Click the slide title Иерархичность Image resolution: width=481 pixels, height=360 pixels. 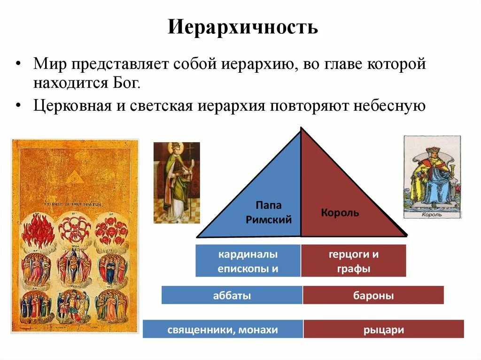coord(243,28)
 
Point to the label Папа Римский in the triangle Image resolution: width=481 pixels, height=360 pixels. coord(269,213)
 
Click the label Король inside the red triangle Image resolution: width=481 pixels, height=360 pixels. coord(340,213)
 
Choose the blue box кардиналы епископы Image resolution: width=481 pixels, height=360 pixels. coord(248,261)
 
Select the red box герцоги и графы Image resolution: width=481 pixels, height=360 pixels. coord(353,261)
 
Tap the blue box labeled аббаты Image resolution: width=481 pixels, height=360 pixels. coord(232,296)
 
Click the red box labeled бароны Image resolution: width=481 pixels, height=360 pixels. coord(373,296)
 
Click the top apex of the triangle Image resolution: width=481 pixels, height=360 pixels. coord(301,128)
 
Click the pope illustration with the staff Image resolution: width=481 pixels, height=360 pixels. coord(176,182)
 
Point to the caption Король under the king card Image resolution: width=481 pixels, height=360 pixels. coord(431,214)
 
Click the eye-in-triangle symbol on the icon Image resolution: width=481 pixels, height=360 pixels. coord(73,177)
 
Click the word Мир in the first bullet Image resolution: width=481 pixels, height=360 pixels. coord(45,64)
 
